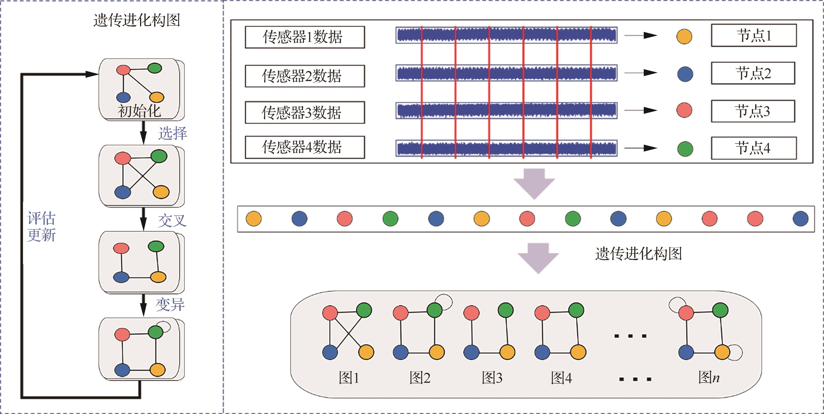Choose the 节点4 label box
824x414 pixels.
coord(753,148)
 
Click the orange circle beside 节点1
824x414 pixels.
coord(684,37)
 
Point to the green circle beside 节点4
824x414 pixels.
coord(685,149)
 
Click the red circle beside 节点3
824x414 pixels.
coord(684,110)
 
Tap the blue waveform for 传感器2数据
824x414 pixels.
coord(506,73)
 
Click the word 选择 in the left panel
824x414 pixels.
coord(172,133)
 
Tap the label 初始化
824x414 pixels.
coord(140,111)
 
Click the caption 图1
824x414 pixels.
coord(349,378)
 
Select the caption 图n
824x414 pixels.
coord(709,377)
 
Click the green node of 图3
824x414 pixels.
coord(506,310)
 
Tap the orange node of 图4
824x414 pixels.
coord(578,352)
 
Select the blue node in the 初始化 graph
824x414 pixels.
coord(123,97)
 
